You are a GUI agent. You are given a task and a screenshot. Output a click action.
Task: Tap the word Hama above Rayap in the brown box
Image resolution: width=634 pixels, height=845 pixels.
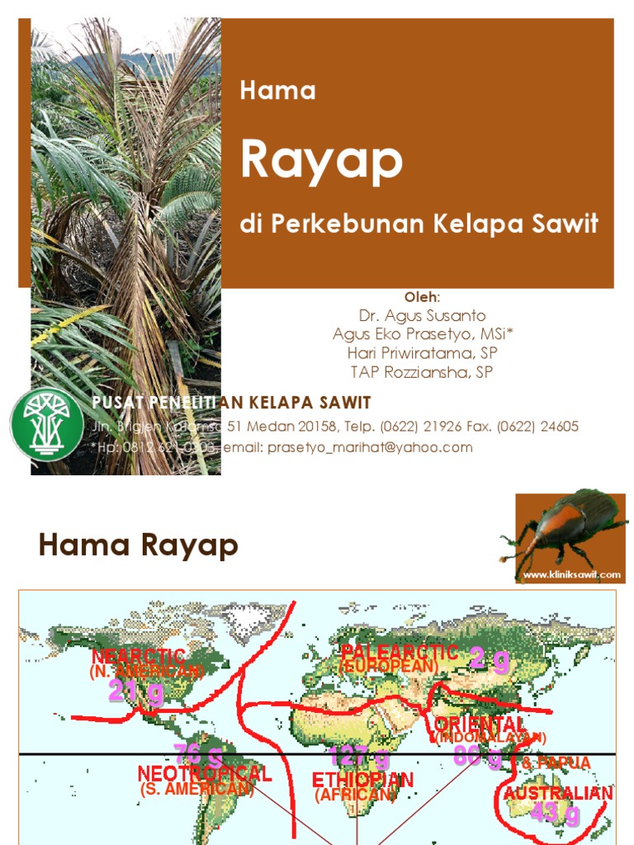277,91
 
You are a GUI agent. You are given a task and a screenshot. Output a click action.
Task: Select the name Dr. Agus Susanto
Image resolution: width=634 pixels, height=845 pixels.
422,316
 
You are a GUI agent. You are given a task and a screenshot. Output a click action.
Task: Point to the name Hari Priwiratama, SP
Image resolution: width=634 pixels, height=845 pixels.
422,353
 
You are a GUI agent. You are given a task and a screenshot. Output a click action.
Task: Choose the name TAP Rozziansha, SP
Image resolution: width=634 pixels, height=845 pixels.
422,372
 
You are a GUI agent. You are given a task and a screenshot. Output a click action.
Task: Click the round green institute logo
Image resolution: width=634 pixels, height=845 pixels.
47,423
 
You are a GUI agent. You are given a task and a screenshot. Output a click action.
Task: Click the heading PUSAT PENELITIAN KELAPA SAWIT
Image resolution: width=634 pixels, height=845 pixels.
231,403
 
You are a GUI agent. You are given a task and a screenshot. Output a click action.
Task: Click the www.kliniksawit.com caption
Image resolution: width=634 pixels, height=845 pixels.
570,574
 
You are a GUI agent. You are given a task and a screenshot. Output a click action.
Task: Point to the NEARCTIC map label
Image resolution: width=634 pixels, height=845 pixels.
139,657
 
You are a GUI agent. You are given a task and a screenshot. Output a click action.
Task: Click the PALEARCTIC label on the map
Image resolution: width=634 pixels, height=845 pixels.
400,652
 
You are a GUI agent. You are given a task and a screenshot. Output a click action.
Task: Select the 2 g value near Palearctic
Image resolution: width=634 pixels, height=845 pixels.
490,660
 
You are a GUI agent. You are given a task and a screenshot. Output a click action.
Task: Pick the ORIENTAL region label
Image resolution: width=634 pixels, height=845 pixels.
480,724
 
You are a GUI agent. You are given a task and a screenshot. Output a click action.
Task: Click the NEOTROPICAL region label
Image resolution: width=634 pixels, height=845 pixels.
204,774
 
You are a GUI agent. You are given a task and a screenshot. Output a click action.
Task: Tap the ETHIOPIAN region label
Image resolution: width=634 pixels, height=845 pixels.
362,780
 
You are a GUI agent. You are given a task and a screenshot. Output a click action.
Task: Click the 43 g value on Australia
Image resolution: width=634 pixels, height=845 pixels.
556,814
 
